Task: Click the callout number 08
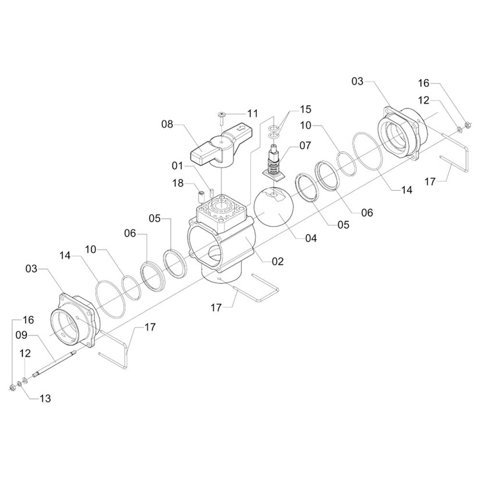(167, 125)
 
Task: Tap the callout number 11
(252, 114)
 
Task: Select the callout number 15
(306, 109)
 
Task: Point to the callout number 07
(305, 144)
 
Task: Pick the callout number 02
(277, 262)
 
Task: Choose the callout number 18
(179, 183)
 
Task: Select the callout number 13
(45, 398)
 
